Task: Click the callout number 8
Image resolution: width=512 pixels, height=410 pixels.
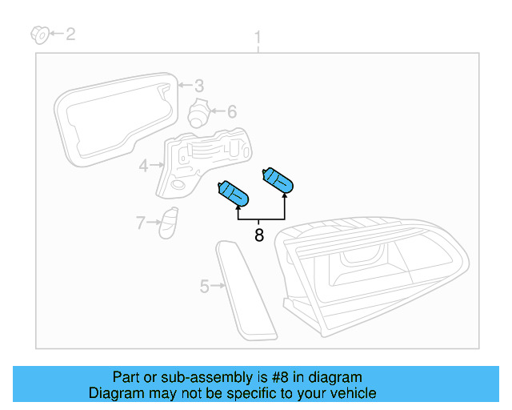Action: click(x=259, y=235)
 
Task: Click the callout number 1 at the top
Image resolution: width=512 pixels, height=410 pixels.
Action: click(x=258, y=38)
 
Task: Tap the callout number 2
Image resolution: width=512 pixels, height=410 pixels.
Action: click(x=70, y=34)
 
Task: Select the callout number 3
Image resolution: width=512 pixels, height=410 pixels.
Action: click(x=199, y=86)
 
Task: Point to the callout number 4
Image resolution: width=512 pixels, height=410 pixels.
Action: click(x=144, y=166)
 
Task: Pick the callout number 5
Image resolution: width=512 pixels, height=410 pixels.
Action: click(x=204, y=287)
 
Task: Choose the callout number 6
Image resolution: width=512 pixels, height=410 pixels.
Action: click(x=232, y=111)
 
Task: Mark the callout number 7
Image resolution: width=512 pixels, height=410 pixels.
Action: click(x=141, y=223)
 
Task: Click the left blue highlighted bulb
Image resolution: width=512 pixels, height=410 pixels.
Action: click(x=233, y=194)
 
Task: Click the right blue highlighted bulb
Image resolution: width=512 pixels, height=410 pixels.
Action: click(x=278, y=180)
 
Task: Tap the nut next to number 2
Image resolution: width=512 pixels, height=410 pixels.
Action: click(x=40, y=34)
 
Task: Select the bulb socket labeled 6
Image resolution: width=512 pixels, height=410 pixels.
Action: click(x=198, y=113)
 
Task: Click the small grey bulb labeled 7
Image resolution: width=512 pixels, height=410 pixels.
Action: click(x=169, y=223)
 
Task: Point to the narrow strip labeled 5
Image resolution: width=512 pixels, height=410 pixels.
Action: click(x=246, y=291)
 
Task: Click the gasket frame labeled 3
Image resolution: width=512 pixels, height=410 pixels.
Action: click(x=66, y=131)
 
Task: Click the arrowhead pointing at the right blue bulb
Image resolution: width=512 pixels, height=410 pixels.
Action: click(x=285, y=195)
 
